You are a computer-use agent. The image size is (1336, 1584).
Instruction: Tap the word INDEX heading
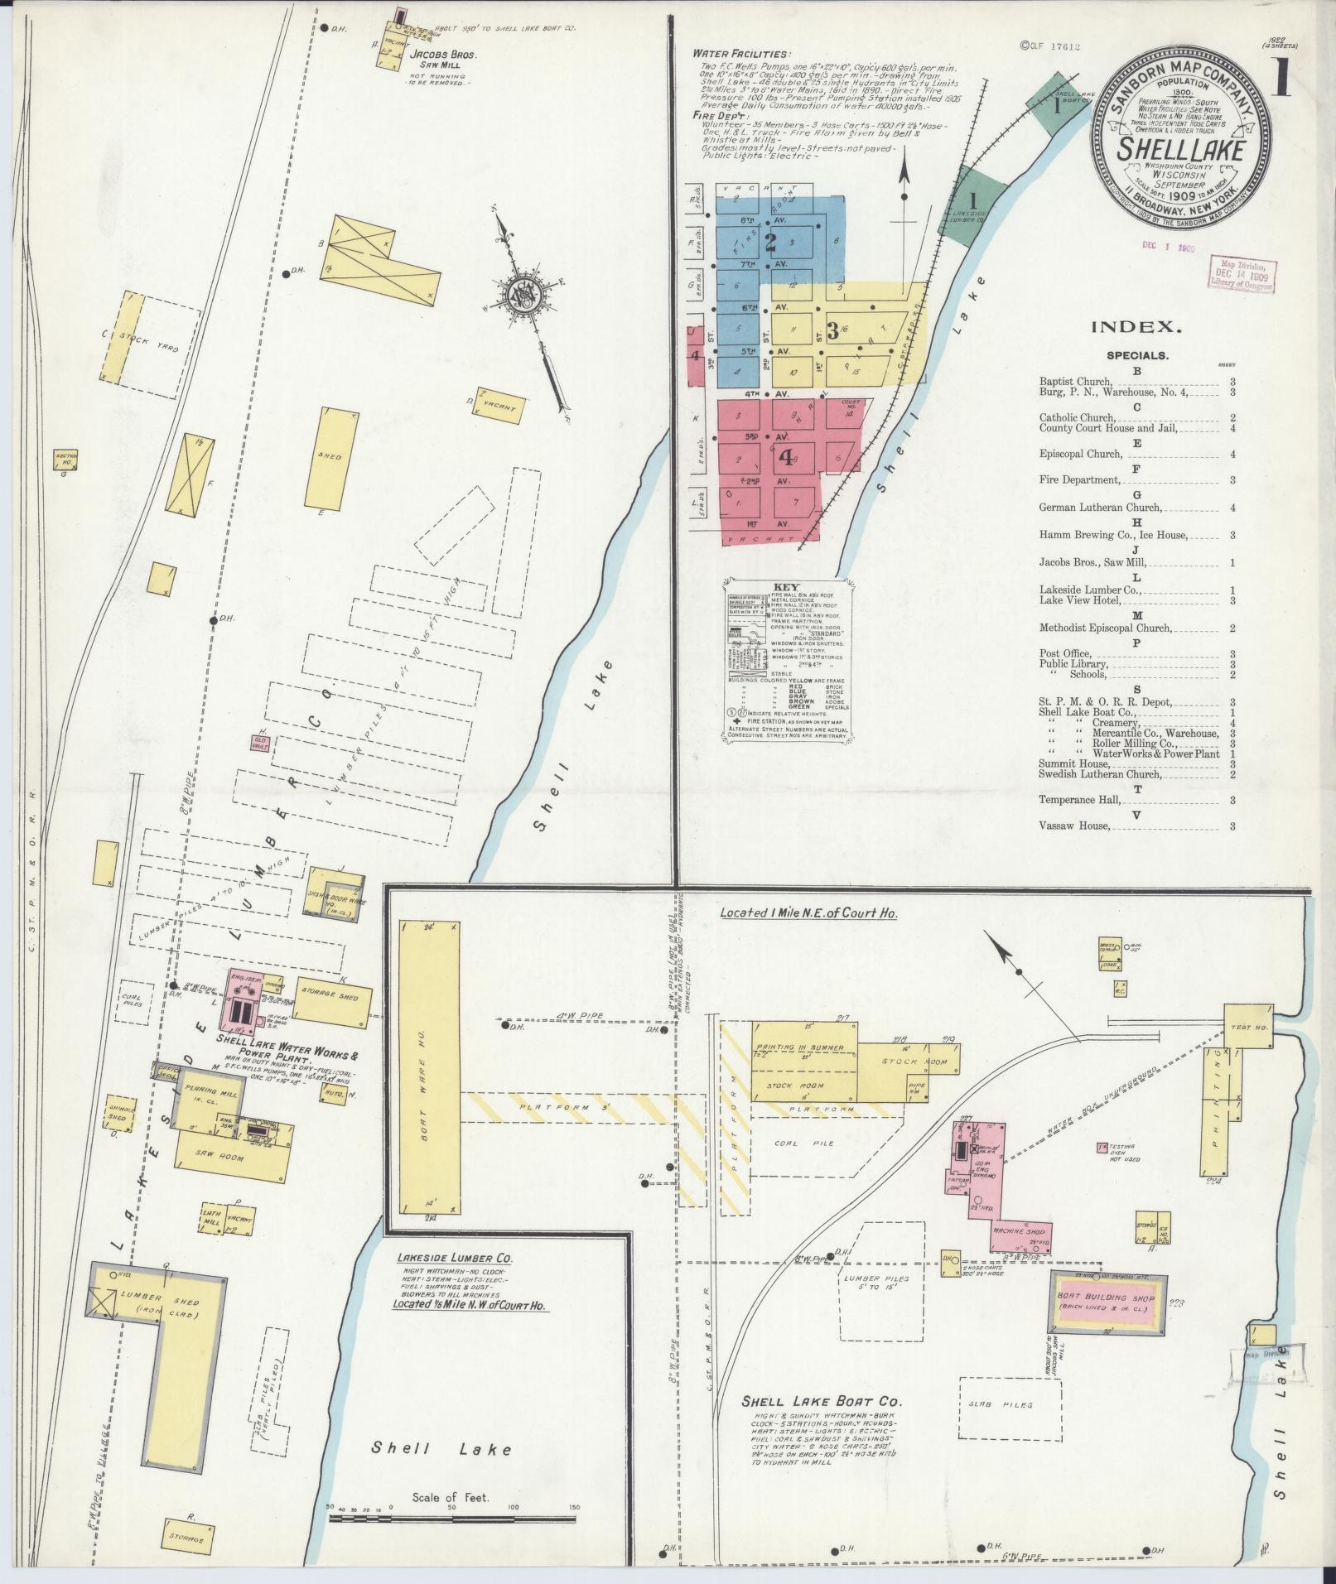1136,327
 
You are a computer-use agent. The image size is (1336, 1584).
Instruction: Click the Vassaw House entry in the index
1074,826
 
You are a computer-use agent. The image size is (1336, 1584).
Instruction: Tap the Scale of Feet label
451,1497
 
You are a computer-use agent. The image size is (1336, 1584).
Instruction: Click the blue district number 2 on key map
770,243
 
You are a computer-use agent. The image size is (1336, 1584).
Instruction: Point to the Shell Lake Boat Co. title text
820,1402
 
